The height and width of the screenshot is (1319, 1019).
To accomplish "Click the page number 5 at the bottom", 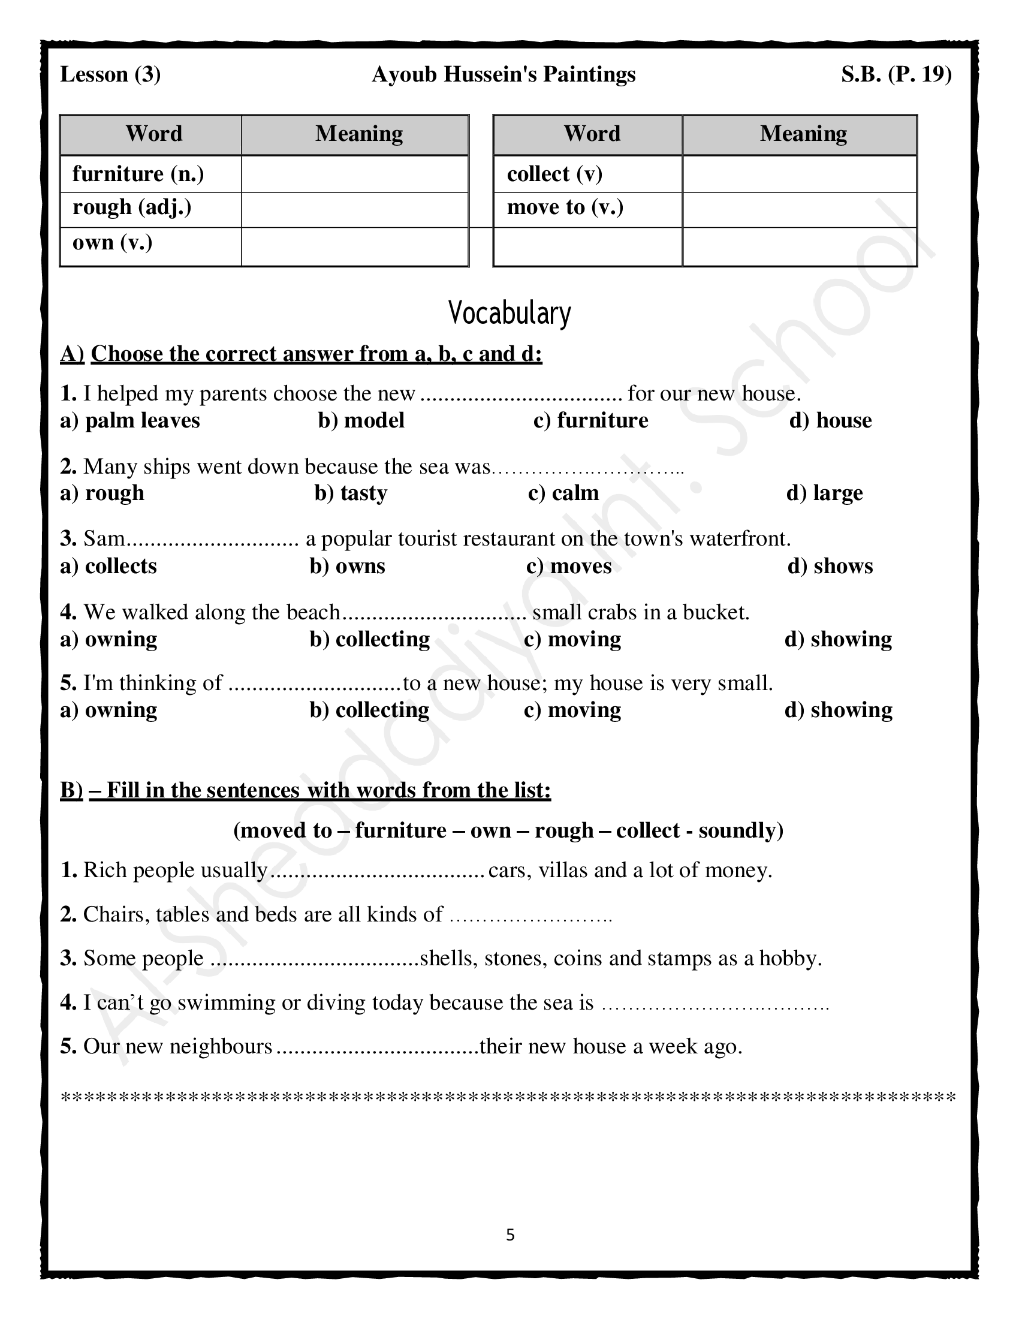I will point(510,1235).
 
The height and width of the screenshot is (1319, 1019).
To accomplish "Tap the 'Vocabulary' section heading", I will point(509,313).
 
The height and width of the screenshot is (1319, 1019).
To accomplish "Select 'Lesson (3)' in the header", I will point(110,74).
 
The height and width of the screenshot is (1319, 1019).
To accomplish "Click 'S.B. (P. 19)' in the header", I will point(896,74).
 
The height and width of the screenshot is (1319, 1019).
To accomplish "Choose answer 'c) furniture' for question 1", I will point(590,420).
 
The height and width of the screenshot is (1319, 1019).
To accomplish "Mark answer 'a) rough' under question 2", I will point(102,493).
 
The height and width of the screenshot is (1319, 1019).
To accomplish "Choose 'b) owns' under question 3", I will point(347,567).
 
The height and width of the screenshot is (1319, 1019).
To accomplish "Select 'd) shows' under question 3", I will point(830,567).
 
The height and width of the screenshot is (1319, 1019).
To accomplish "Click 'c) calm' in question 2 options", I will point(563,493).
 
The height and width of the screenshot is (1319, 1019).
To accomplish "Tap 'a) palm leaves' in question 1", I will point(130,420).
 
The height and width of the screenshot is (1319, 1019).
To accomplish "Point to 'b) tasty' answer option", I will point(351,493).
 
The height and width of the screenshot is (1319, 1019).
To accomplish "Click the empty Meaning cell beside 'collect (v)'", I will point(799,174).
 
